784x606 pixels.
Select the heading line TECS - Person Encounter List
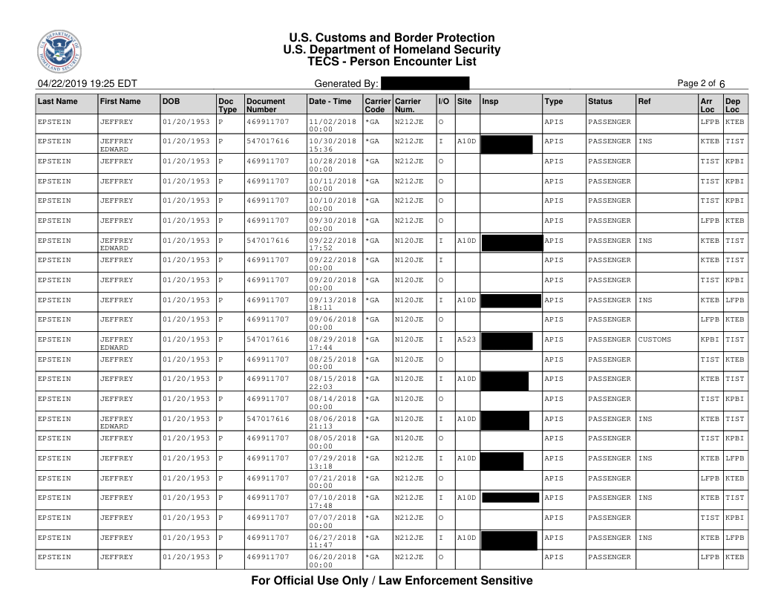pyautogui.click(x=391, y=62)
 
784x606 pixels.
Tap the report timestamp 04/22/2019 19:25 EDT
pyautogui.click(x=82, y=83)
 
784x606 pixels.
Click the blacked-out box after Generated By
pyautogui.click(x=425, y=83)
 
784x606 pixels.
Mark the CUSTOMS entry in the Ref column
pyautogui.click(x=655, y=339)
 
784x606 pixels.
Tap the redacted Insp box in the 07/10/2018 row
pyautogui.click(x=510, y=498)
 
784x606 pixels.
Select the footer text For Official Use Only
pyautogui.click(x=391, y=581)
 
